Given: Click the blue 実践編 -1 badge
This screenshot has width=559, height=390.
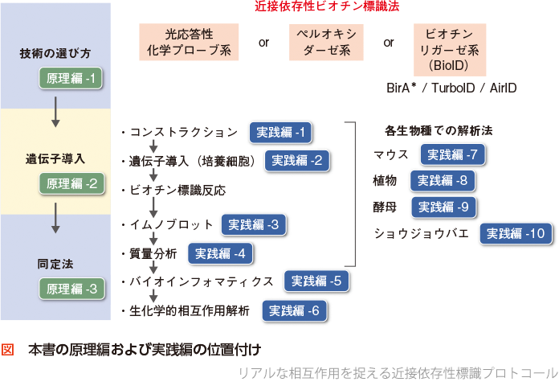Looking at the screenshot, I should (280, 133).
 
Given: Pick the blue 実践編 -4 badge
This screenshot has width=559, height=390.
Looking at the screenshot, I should (222, 254).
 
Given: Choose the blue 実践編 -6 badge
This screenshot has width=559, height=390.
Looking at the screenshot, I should (295, 310).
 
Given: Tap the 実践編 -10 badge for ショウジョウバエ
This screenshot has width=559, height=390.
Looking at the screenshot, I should (516, 234).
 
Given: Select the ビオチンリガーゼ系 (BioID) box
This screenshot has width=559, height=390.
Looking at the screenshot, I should (454, 49).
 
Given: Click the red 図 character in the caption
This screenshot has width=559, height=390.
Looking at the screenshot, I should (9, 351).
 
